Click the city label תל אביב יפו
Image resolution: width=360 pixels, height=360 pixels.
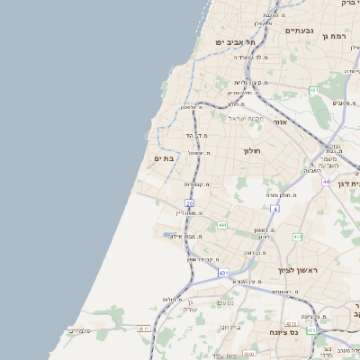pyautogui.click(x=235, y=41)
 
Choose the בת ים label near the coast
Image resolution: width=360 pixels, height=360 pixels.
pyautogui.click(x=164, y=158)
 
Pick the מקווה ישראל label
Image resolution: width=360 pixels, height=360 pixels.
pyautogui.click(x=243, y=119)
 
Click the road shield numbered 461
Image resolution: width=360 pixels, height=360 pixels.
pyautogui.click(x=314, y=90)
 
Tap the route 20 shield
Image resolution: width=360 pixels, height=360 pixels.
pyautogui.click(x=190, y=204)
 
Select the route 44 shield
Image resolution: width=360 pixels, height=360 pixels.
pyautogui.click(x=328, y=182)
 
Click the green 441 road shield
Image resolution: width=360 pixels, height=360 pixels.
pyautogui.click(x=222, y=225)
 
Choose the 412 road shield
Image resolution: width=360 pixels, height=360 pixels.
pyautogui.click(x=297, y=237)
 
